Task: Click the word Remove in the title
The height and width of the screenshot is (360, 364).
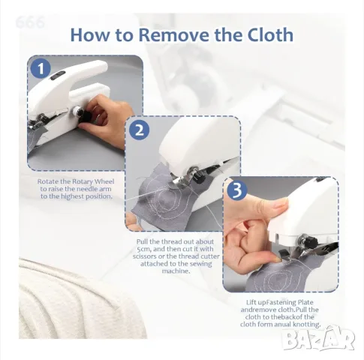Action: [173, 34]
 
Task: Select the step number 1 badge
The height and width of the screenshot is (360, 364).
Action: [41, 68]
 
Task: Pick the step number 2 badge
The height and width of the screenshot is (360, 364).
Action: [140, 130]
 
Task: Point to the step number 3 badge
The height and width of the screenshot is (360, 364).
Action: [237, 190]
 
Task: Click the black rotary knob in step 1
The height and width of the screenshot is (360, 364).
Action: [87, 117]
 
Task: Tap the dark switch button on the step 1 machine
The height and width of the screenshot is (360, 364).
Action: [58, 76]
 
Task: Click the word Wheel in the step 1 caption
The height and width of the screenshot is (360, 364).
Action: [104, 181]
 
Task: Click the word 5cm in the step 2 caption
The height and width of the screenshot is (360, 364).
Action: [143, 249]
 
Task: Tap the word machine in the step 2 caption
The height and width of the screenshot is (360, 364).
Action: [176, 271]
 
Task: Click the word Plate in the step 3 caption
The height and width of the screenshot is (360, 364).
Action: [304, 302]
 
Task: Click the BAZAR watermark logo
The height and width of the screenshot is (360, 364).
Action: [320, 338]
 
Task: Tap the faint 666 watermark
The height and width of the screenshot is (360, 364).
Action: [30, 22]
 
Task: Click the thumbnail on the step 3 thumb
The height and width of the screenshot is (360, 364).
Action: [280, 205]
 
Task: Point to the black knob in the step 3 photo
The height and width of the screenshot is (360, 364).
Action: [311, 241]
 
